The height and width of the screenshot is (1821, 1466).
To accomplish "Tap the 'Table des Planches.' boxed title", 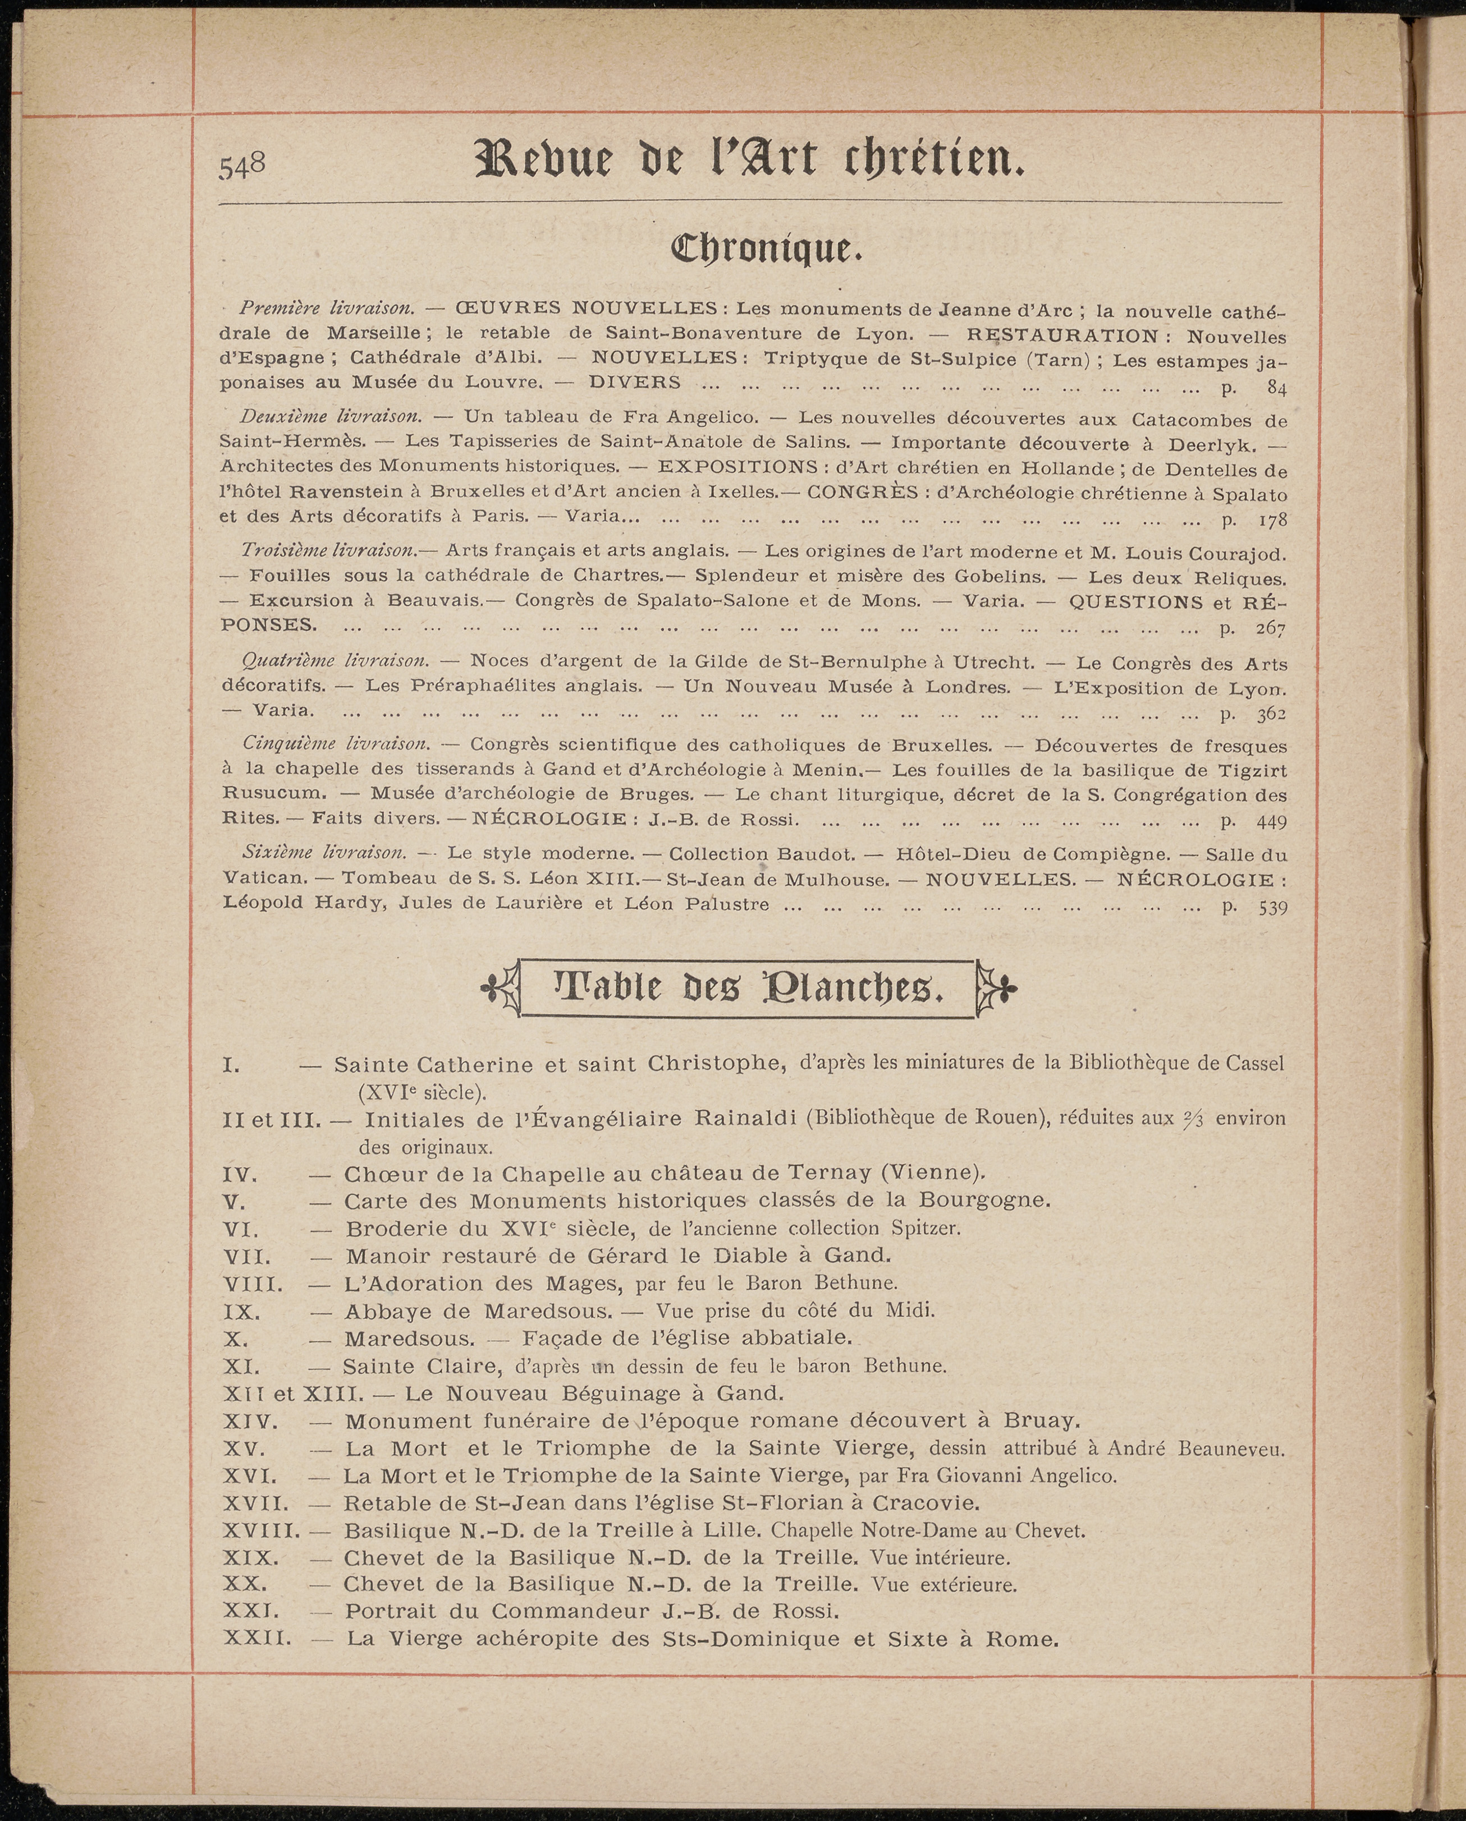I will click(748, 988).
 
